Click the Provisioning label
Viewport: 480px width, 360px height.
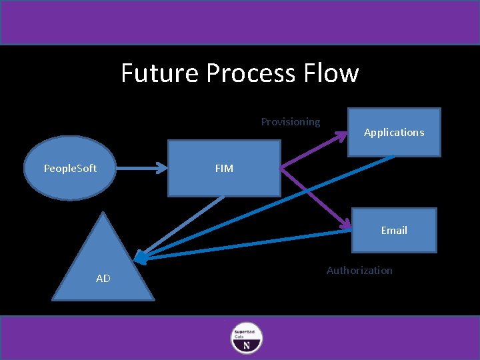pos(290,121)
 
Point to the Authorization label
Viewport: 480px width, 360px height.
pos(359,270)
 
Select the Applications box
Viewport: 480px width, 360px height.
pos(394,132)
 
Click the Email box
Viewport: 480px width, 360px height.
pos(394,230)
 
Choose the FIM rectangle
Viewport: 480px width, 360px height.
pos(223,168)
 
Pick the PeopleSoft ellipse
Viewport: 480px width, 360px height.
pos(70,168)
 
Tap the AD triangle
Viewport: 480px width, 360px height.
pos(103,267)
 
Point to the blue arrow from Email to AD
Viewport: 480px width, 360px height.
pos(247,244)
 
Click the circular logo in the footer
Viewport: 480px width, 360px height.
pos(246,338)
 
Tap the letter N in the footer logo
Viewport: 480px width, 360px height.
pos(246,345)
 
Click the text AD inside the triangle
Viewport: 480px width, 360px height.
pos(103,279)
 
